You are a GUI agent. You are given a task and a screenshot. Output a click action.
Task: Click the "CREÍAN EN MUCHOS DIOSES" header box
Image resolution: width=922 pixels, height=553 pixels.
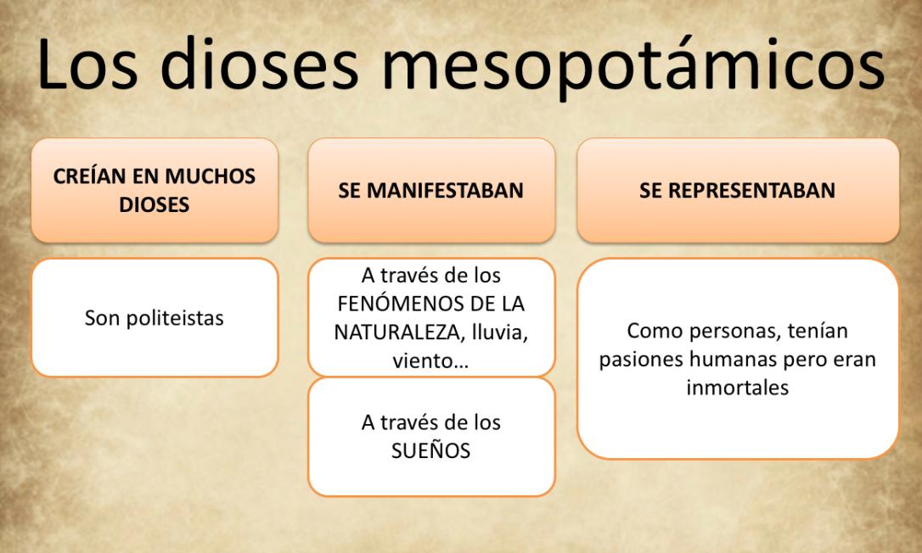(155, 191)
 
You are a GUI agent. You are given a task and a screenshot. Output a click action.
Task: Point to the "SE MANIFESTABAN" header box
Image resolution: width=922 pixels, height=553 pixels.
(431, 191)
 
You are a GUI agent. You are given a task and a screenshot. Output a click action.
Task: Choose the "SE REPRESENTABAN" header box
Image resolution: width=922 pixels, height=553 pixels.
(737, 191)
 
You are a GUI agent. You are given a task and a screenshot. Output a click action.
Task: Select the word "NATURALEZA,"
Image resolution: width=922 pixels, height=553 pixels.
(390, 332)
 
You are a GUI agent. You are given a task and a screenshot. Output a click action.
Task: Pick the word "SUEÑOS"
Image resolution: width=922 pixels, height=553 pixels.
(431, 450)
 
